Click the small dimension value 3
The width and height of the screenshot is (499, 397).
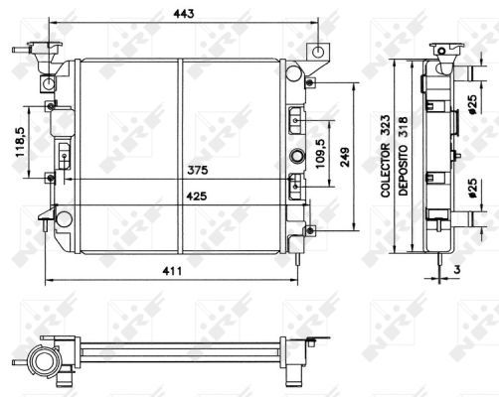pos(457,268)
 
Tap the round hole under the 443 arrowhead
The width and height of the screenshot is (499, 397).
pos(317,52)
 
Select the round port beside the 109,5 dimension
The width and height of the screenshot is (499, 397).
pos(297,157)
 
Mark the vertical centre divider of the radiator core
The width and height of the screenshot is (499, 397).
pos(180,149)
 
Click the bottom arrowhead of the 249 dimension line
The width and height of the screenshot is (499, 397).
pos(355,227)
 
